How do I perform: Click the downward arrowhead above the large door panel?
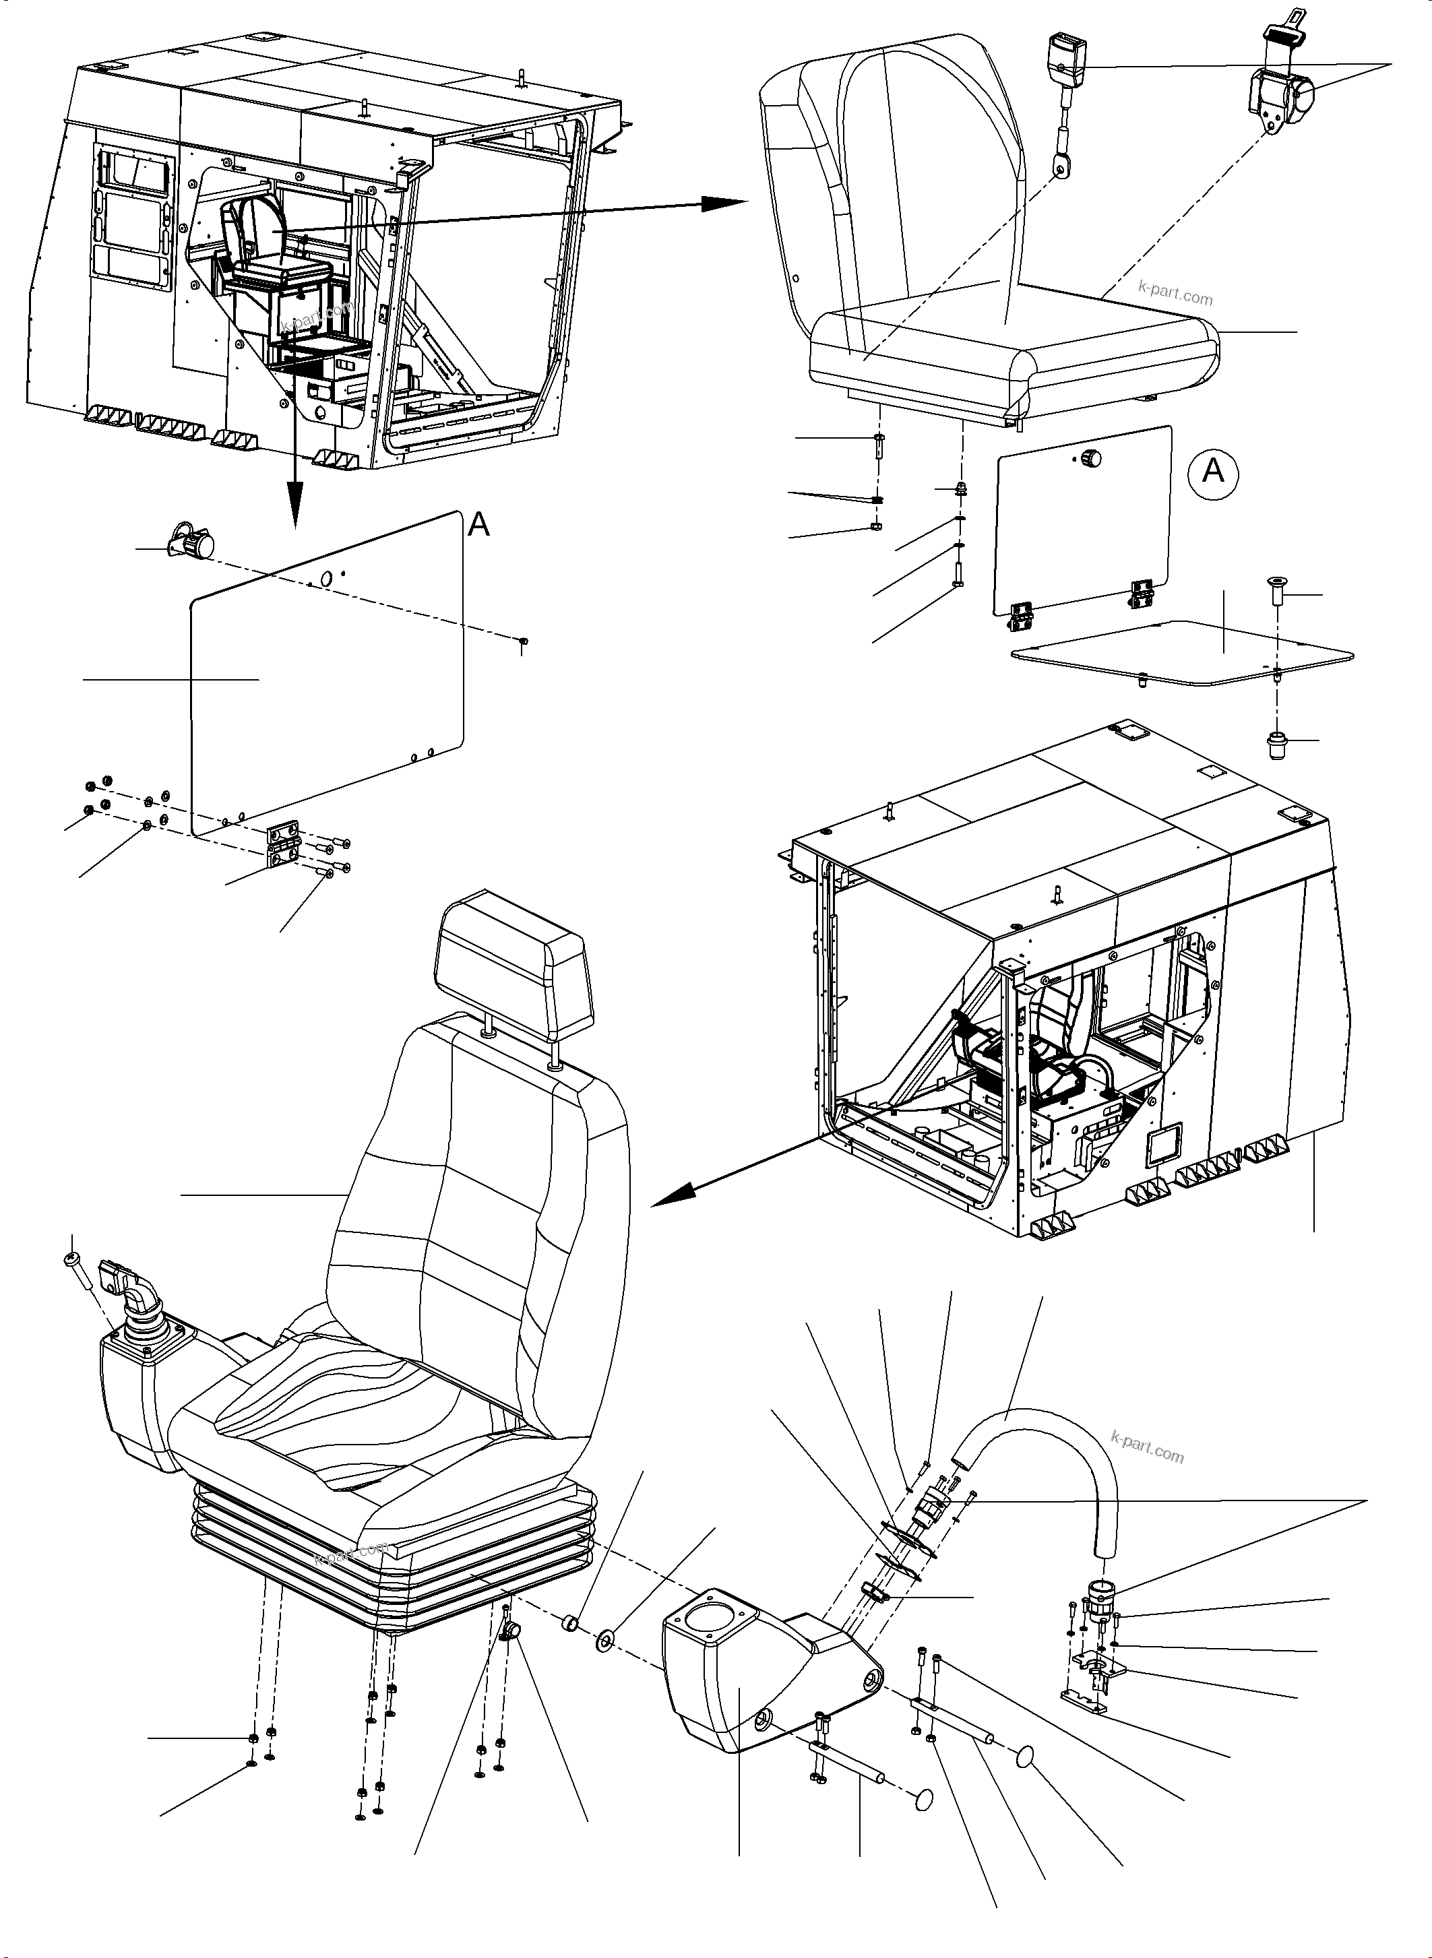pyautogui.click(x=294, y=511)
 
